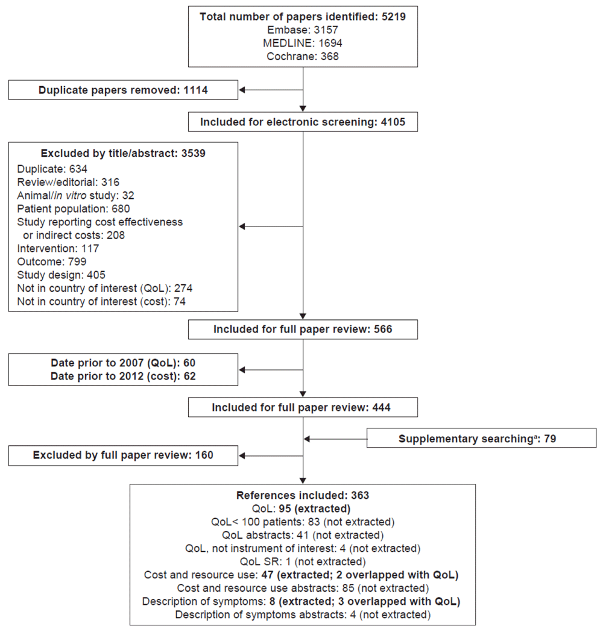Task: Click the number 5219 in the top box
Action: tap(393, 17)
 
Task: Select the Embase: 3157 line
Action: tap(303, 30)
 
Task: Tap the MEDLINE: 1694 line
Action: tap(303, 43)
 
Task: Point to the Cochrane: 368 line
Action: tap(303, 56)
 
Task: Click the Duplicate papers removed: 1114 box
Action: tap(123, 90)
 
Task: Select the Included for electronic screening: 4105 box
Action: tap(303, 122)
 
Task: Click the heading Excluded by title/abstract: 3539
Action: tap(123, 154)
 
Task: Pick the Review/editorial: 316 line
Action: tap(68, 182)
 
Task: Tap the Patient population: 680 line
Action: tap(74, 209)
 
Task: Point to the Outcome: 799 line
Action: tap(51, 261)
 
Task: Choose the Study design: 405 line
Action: tap(61, 275)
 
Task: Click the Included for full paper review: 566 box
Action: tap(303, 329)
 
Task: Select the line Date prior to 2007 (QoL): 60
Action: tap(123, 363)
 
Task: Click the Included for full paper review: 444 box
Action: tap(303, 407)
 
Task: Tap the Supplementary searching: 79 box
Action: tap(481, 438)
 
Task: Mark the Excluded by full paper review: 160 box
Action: tap(123, 455)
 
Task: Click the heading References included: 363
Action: tap(303, 495)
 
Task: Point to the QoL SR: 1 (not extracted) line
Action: tap(303, 561)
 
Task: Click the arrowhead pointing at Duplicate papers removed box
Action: tap(242, 90)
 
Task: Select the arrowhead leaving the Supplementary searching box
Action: tap(307, 439)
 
